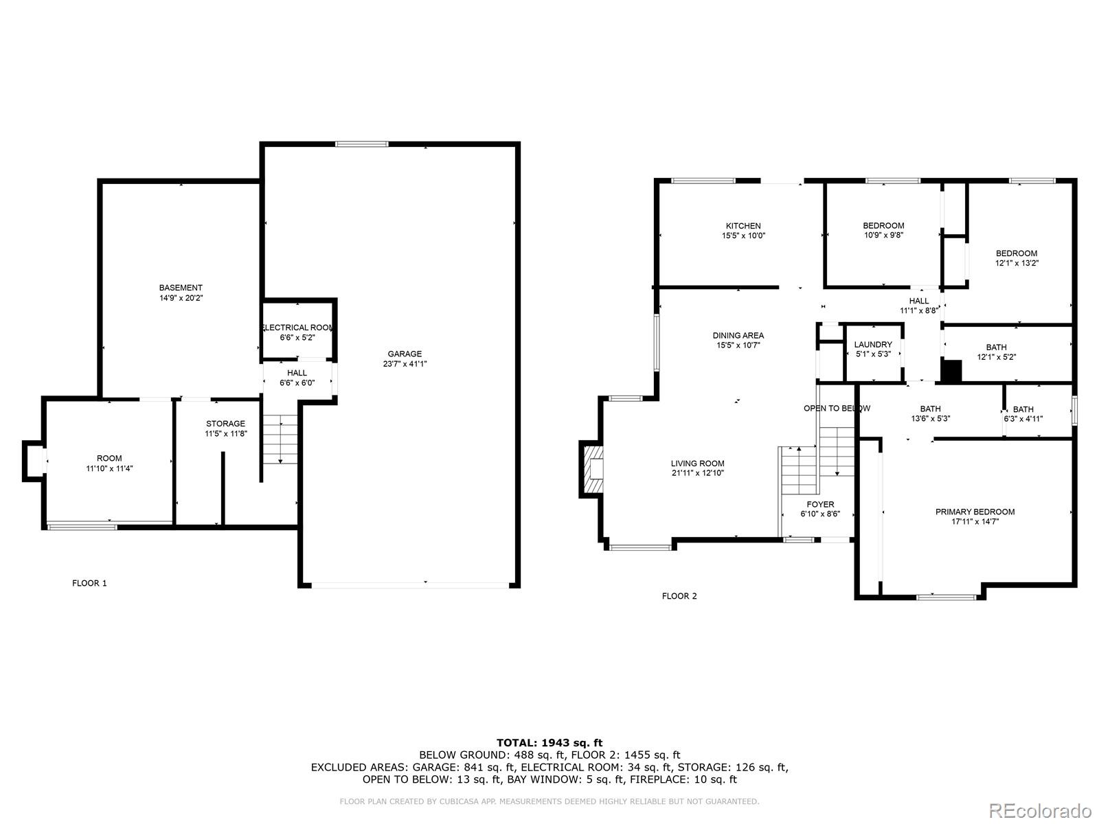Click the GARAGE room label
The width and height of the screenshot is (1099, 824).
tap(405, 354)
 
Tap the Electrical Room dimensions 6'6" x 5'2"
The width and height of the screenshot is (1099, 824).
tap(297, 338)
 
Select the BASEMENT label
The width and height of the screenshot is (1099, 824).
tap(181, 288)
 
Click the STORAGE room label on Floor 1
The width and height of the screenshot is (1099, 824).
tap(225, 424)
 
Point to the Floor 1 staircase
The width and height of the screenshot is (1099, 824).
tap(280, 439)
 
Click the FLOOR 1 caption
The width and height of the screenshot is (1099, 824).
tap(89, 584)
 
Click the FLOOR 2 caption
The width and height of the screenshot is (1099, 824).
tap(679, 596)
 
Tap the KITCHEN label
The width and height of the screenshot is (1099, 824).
tap(743, 226)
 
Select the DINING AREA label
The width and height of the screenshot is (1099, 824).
tap(738, 336)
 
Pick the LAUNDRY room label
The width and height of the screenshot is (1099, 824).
tap(873, 345)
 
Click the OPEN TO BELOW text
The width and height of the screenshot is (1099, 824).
tap(837, 409)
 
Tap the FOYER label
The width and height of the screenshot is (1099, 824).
tap(820, 505)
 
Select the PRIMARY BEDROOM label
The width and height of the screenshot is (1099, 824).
tap(975, 512)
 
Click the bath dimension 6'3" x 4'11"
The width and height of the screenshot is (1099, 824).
tap(1023, 419)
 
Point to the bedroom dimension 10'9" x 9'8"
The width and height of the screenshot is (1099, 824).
tap(883, 235)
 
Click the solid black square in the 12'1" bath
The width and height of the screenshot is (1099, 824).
tap(951, 371)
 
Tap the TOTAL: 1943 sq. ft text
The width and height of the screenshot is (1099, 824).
tap(549, 742)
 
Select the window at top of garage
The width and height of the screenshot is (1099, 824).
tap(362, 144)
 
